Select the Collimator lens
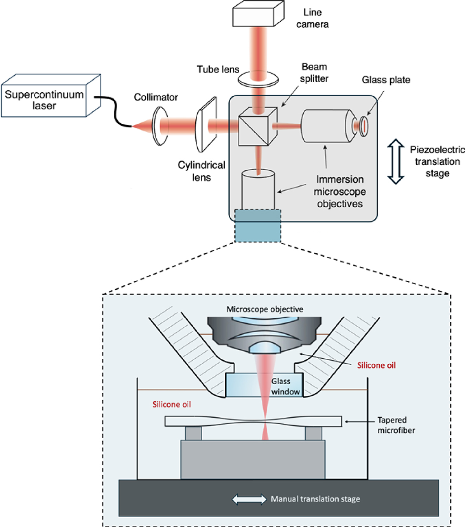coord(160,126)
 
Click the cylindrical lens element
coord(206,124)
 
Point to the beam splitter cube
coord(257,126)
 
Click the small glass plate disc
coord(363,126)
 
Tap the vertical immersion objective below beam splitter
coord(258,190)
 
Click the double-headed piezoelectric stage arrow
coord(396,161)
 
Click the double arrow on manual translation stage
coord(249,499)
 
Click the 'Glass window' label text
coord(285,387)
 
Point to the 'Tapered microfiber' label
coord(396,425)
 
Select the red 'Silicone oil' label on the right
coord(376,365)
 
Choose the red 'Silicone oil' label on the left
coord(172,404)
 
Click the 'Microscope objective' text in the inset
coord(265,309)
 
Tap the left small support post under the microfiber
coord(193,433)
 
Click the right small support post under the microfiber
coord(313,433)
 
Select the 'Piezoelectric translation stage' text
coord(437,161)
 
